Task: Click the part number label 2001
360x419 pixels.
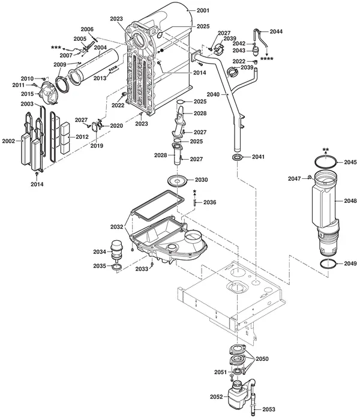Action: (203, 10)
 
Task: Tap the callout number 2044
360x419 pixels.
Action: (276, 32)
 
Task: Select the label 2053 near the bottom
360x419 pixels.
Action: (269, 409)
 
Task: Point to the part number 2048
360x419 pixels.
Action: (350, 200)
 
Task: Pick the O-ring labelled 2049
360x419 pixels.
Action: (328, 264)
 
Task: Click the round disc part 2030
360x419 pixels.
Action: (177, 181)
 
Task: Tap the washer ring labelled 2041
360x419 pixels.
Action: (237, 157)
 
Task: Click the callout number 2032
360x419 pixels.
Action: (117, 227)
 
